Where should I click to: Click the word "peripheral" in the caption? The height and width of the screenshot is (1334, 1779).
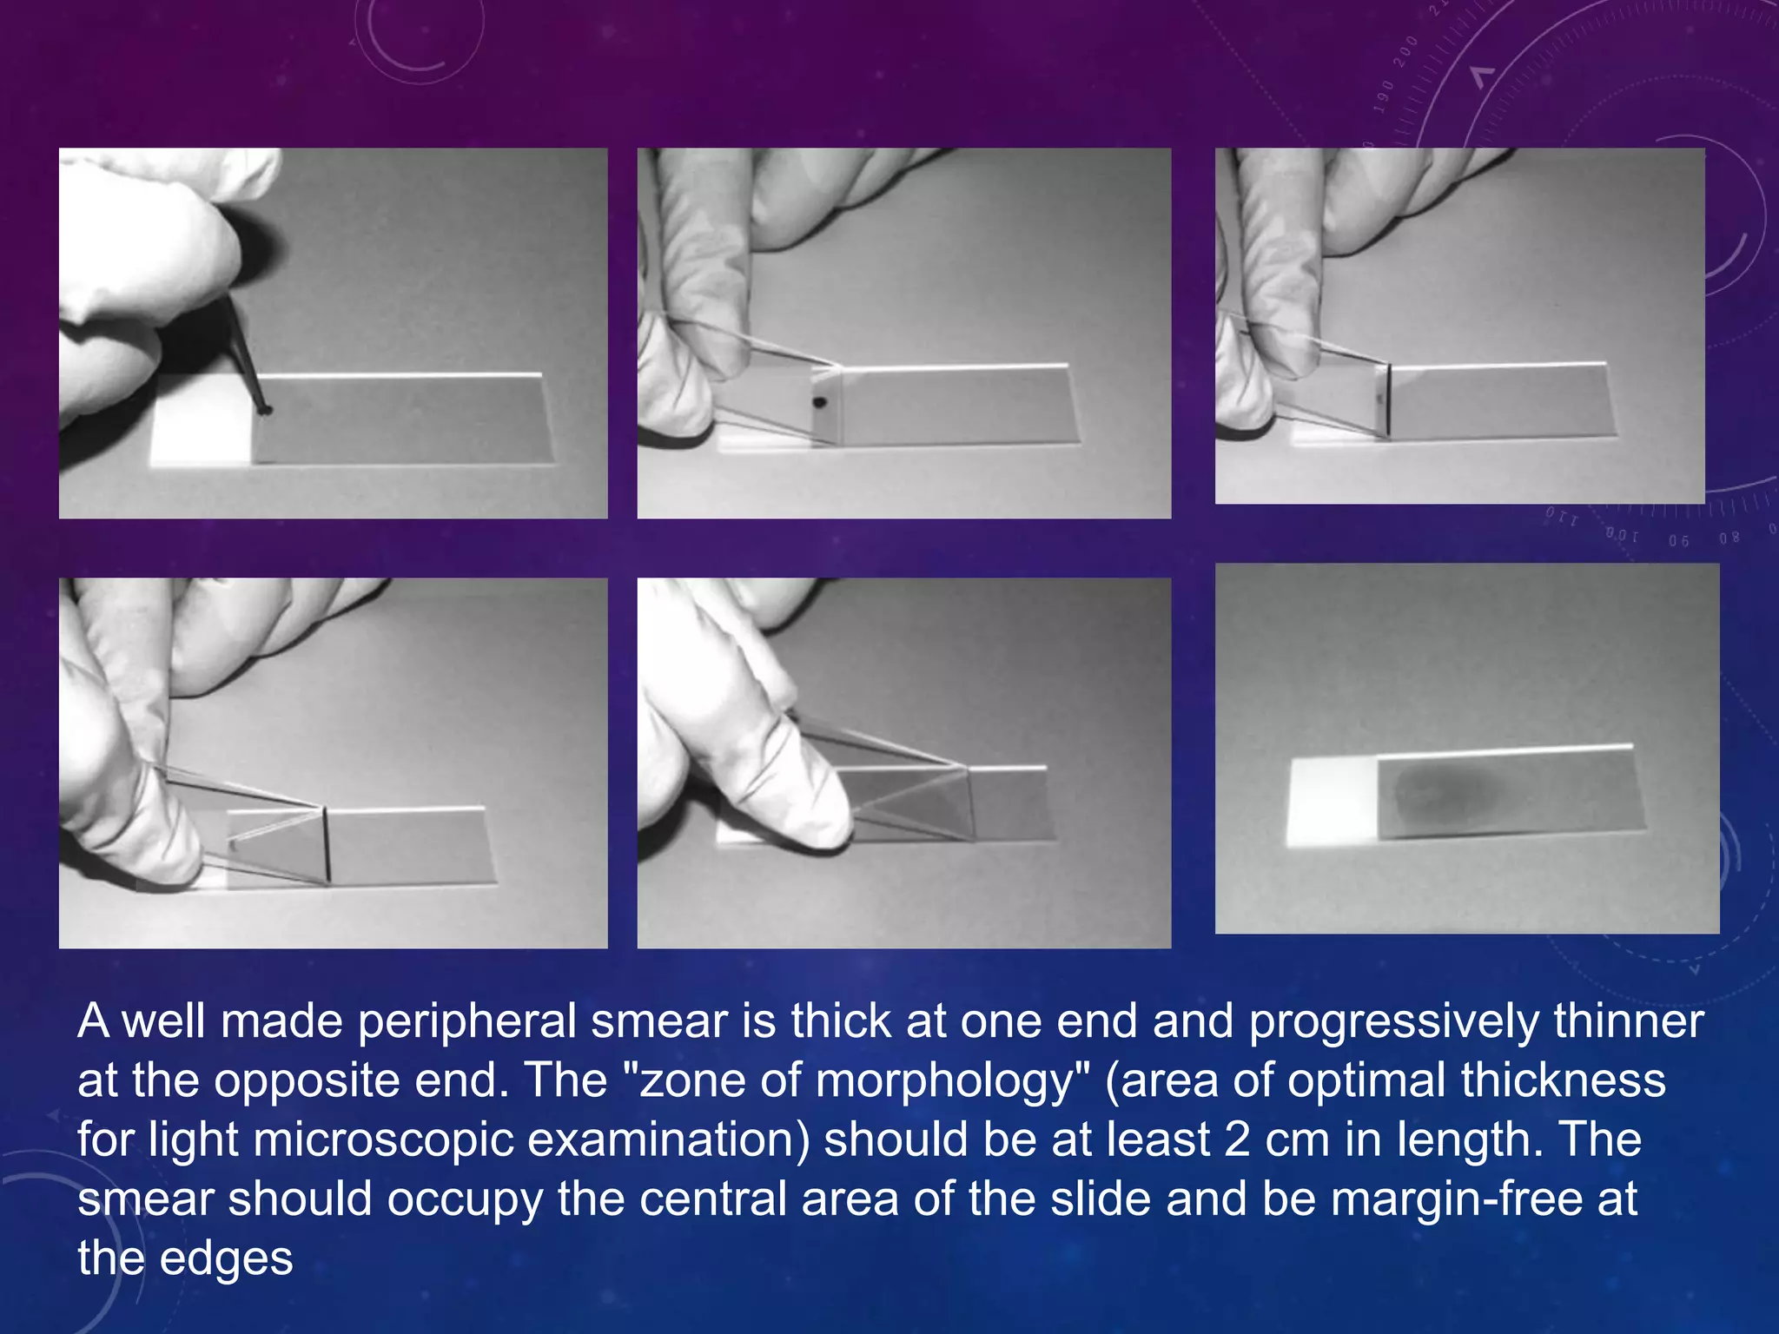(467, 1022)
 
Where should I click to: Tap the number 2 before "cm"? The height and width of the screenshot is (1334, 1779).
(1238, 1139)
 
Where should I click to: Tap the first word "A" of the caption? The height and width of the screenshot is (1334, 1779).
(93, 1022)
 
